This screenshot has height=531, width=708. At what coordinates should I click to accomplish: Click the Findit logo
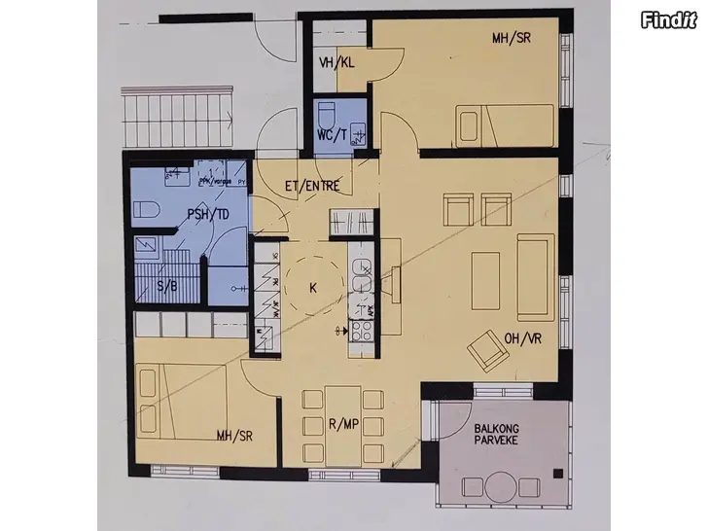pyautogui.click(x=670, y=20)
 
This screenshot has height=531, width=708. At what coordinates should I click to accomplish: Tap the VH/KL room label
pyautogui.click(x=336, y=63)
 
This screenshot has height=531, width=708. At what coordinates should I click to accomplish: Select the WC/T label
pyautogui.click(x=333, y=135)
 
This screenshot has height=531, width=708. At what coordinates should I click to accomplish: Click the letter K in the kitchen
pyautogui.click(x=313, y=288)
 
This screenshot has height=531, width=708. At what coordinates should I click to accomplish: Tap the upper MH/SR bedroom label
pyautogui.click(x=512, y=39)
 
